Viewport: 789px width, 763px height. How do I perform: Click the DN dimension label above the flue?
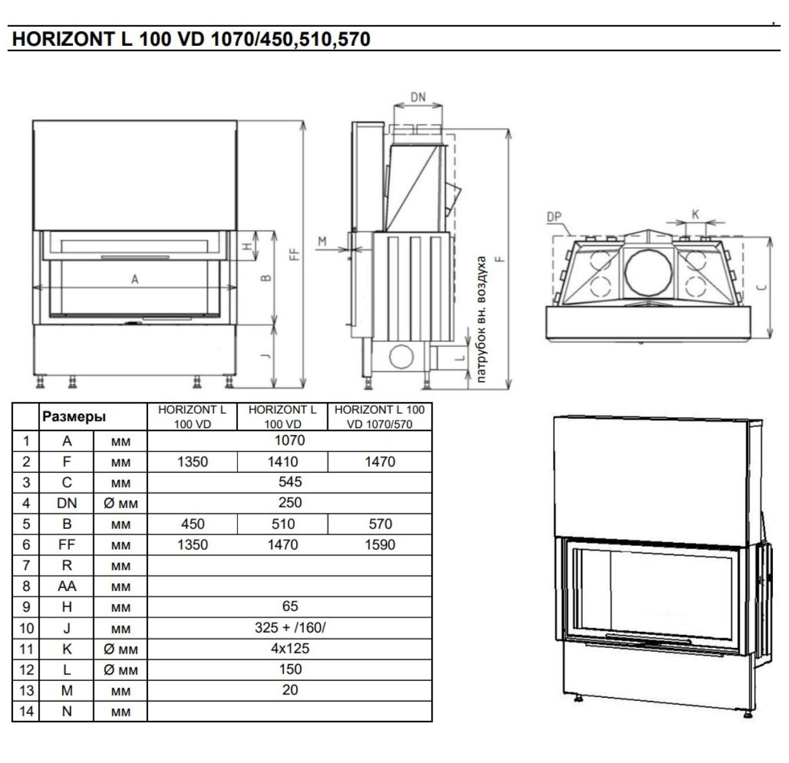click(x=418, y=97)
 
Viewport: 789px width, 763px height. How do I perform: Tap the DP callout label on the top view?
click(x=554, y=217)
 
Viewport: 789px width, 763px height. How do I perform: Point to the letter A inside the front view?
click(x=135, y=279)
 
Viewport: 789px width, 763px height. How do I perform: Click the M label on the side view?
click(x=323, y=241)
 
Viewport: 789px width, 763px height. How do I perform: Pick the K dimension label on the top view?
click(x=695, y=214)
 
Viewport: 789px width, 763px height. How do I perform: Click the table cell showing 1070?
click(x=289, y=440)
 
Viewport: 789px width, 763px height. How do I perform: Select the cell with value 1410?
click(x=283, y=462)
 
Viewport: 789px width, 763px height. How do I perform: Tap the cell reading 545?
click(x=289, y=482)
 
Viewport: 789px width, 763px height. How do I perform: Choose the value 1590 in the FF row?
click(x=380, y=544)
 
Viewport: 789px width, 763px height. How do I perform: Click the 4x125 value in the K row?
click(x=289, y=648)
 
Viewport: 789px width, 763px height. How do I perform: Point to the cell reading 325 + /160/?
click(x=289, y=627)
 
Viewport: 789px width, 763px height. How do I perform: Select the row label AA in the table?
click(x=67, y=586)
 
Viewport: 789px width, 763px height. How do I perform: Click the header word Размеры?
click(x=74, y=417)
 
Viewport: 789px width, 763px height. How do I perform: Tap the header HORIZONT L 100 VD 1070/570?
click(x=380, y=417)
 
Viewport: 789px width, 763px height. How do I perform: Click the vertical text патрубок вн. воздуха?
click(x=481, y=319)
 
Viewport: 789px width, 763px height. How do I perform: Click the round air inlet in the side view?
click(x=401, y=356)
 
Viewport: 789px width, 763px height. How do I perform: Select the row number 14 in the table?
click(x=26, y=711)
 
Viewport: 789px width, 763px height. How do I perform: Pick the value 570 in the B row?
click(x=380, y=524)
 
